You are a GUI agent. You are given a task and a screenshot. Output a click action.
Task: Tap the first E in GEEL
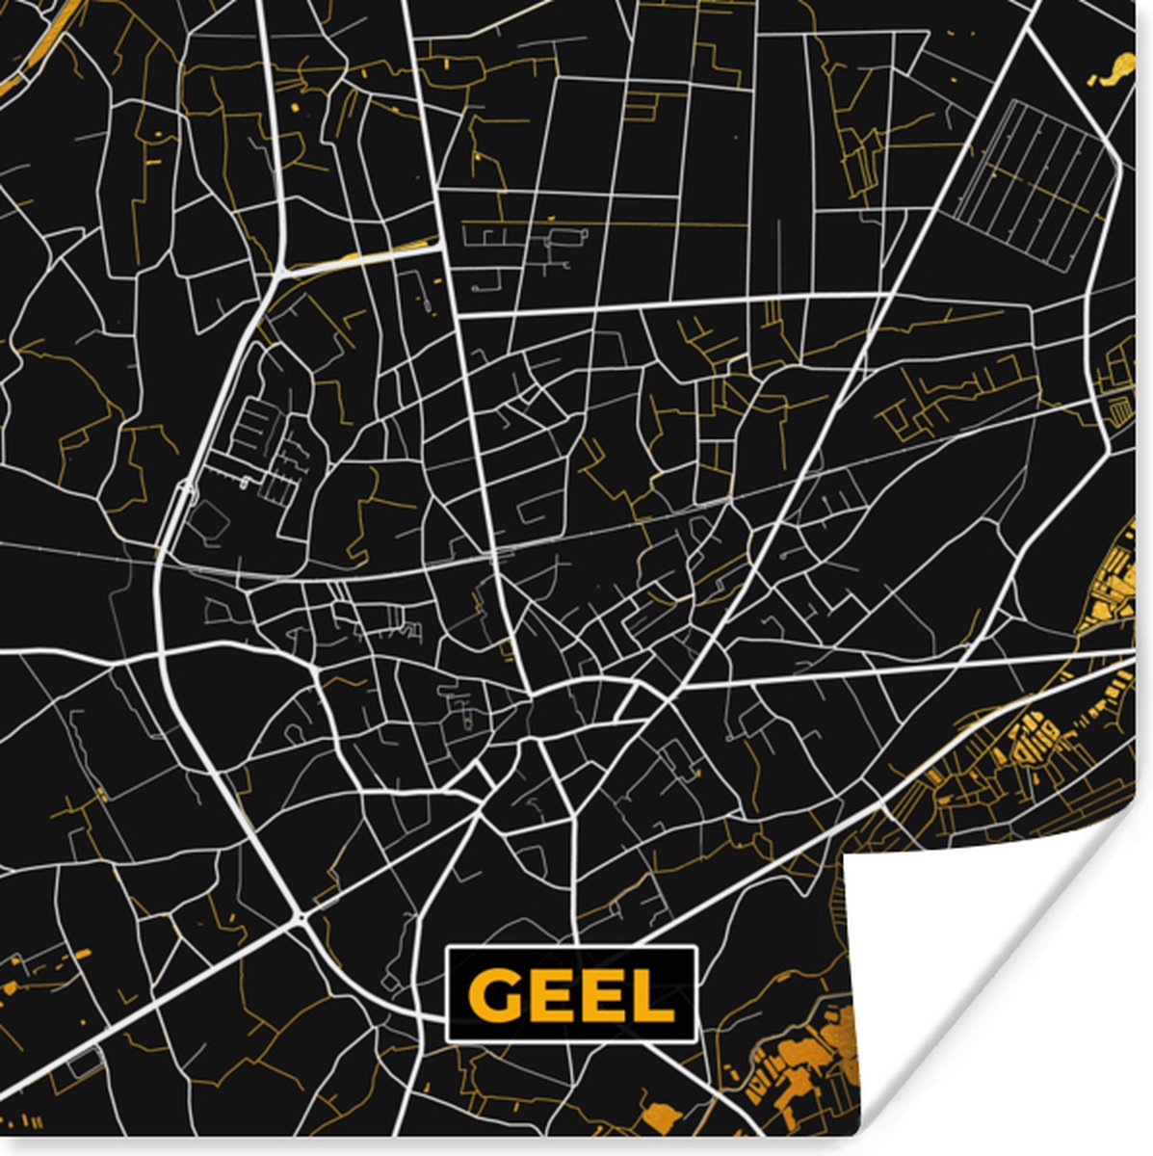point(549,995)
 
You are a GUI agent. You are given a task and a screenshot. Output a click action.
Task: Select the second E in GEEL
point(602,995)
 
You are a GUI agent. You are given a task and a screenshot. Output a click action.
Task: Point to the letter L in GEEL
point(653,995)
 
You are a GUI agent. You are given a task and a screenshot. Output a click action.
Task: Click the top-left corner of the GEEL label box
point(449,950)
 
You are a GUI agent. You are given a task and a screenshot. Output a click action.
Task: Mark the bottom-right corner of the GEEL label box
point(694,1039)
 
